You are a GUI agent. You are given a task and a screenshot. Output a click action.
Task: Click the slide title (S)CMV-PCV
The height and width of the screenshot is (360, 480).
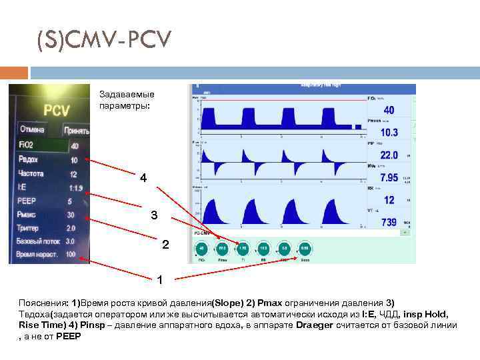(x=104, y=42)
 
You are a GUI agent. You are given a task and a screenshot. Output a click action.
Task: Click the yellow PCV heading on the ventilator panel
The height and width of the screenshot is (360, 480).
(x=57, y=111)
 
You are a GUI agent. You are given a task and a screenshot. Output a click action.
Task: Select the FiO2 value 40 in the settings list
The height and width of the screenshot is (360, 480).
(x=74, y=146)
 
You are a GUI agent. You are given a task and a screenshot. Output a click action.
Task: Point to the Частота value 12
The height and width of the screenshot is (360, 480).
(x=74, y=174)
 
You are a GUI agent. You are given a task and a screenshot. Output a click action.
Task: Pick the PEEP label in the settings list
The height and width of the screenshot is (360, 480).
(x=28, y=201)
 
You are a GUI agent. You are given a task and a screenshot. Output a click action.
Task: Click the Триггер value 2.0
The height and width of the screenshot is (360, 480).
(x=71, y=228)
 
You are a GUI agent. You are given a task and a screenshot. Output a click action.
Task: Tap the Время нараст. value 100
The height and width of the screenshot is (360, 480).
(x=71, y=255)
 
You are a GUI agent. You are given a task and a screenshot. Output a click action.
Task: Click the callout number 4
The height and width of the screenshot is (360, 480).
(x=143, y=178)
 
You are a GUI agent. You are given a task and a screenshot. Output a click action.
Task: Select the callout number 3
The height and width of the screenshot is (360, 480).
(x=154, y=216)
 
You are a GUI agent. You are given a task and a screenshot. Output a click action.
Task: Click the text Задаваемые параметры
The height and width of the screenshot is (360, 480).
(x=127, y=100)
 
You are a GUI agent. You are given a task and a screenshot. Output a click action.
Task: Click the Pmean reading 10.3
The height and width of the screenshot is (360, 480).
(x=389, y=133)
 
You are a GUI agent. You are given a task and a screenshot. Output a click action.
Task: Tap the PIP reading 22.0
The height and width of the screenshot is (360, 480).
(x=389, y=155)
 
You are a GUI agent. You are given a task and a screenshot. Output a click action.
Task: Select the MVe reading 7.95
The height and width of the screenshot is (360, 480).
(x=389, y=178)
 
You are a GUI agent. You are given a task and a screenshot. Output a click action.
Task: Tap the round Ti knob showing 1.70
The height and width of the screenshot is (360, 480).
(x=243, y=248)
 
